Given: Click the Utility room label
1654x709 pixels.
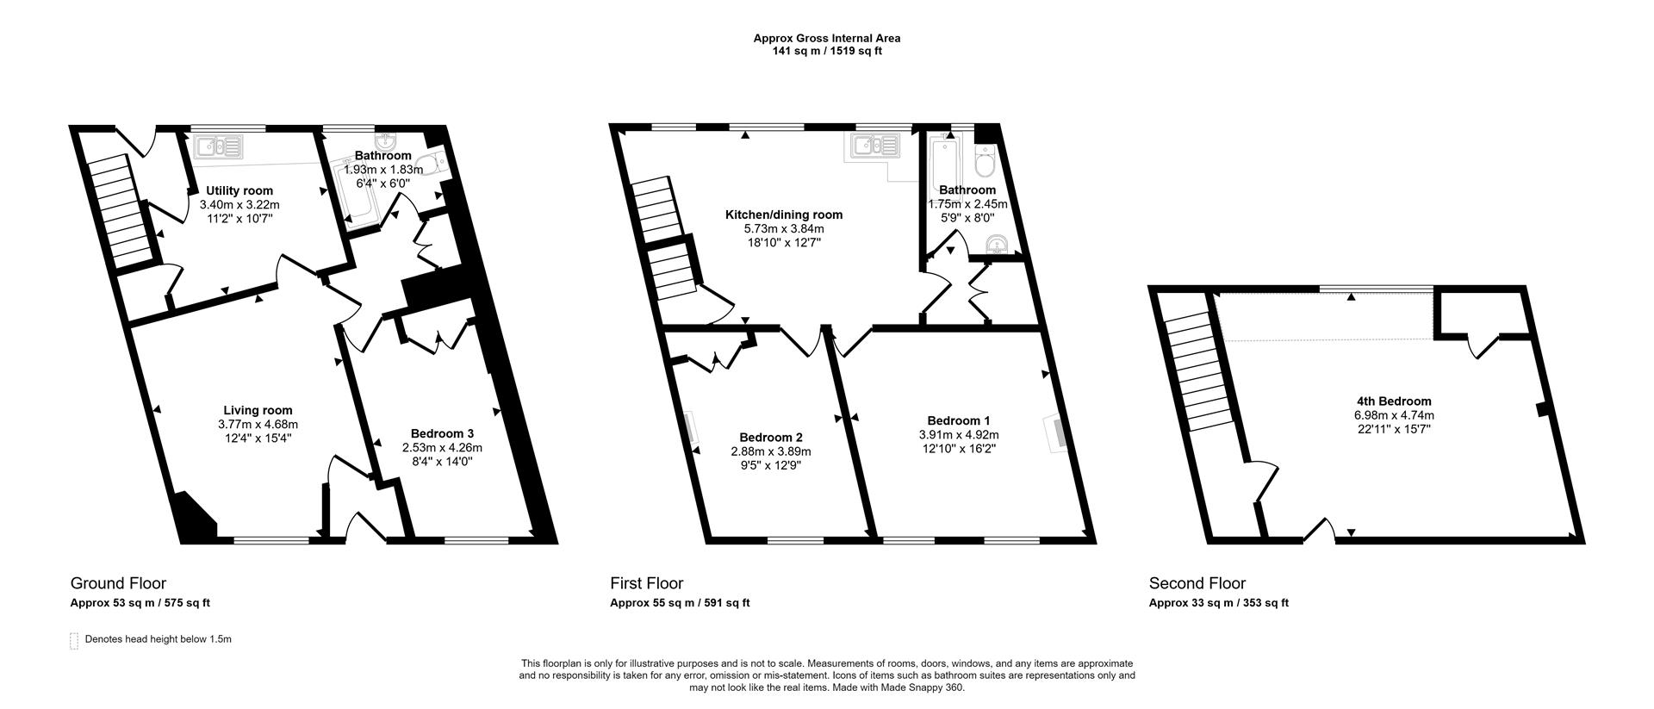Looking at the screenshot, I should pos(239,191).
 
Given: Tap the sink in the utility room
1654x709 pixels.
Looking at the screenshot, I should pos(219,147).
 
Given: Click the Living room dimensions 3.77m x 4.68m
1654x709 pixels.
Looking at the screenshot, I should pos(258,424).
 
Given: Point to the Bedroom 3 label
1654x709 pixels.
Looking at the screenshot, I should pos(442,433).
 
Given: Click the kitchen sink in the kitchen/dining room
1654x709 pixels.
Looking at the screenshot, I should pos(875,146).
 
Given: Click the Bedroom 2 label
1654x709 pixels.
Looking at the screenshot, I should pos(770,437).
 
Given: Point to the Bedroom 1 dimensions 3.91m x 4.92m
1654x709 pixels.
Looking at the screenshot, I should pos(959,435).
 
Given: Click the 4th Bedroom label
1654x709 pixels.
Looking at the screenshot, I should pos(1393,401).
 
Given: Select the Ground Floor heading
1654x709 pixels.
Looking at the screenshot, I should pos(118,583).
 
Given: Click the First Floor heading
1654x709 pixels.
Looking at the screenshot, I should pos(646,583).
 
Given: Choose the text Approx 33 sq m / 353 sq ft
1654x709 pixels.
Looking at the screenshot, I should pos(1218,603).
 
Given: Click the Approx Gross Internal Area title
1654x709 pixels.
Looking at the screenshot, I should pos(826,38).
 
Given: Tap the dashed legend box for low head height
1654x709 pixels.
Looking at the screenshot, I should pos(73,641).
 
